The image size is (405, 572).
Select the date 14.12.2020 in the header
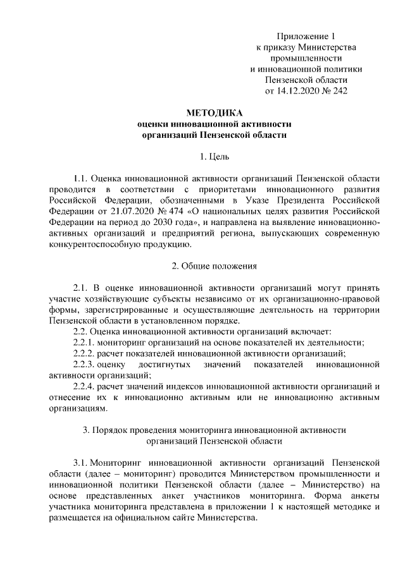(x=297, y=90)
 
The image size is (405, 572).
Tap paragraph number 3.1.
(x=82, y=463)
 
